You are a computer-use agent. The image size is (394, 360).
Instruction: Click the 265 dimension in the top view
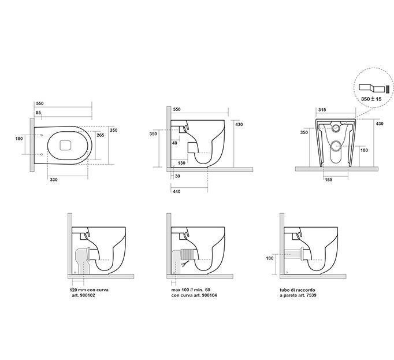coord(101,135)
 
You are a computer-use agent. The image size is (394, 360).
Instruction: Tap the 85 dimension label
coord(38,113)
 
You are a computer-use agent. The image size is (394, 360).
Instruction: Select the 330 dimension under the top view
coord(54,180)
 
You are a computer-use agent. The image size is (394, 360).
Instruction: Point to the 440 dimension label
coord(177,192)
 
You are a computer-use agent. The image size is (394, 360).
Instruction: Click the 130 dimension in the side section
coord(181,163)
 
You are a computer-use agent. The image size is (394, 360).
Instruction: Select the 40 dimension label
coord(174,143)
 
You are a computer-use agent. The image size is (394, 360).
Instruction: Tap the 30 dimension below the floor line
coord(177,176)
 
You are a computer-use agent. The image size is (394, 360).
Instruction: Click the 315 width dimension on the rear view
coord(322,110)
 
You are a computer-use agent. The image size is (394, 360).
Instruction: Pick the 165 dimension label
coord(328,180)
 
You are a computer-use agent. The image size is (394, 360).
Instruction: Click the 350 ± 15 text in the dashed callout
coord(371,99)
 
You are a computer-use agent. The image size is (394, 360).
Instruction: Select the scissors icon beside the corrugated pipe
coord(184,263)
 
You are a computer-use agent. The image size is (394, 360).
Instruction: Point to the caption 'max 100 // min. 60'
coord(191,290)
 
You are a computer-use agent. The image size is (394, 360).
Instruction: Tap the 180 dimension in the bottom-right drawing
coord(269,258)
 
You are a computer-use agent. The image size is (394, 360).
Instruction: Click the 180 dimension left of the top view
coord(19,139)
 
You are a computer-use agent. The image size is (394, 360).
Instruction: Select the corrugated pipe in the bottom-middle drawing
coord(188,254)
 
